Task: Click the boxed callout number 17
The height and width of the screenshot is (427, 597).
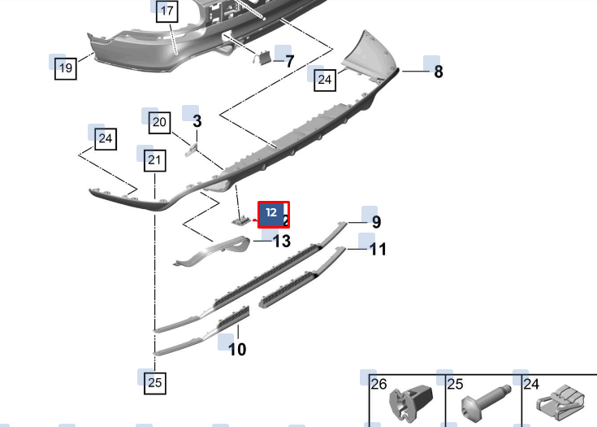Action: pos(167,11)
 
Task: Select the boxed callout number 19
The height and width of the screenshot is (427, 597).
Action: pos(66,68)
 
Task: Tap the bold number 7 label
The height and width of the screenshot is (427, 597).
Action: pos(290,61)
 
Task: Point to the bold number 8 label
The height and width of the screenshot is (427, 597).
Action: pos(439,72)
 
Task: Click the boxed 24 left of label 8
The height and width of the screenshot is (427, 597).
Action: pos(325,80)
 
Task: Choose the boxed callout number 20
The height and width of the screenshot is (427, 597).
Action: pos(159,122)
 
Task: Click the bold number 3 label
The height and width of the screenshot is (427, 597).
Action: pos(197,121)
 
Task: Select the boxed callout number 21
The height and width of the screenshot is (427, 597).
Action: pos(154,160)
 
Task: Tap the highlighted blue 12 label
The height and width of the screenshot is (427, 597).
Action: pos(271,213)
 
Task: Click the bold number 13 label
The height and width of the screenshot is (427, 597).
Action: pos(282,242)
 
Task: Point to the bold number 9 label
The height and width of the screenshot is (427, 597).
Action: pos(376,222)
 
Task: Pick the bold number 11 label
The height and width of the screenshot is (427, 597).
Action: pos(378,250)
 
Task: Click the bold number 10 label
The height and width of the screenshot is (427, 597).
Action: pos(237,349)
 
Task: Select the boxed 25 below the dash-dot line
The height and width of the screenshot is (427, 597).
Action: pos(154,382)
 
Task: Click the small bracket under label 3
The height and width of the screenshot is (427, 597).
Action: pos(191,150)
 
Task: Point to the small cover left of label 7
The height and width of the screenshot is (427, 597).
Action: pos(262,58)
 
